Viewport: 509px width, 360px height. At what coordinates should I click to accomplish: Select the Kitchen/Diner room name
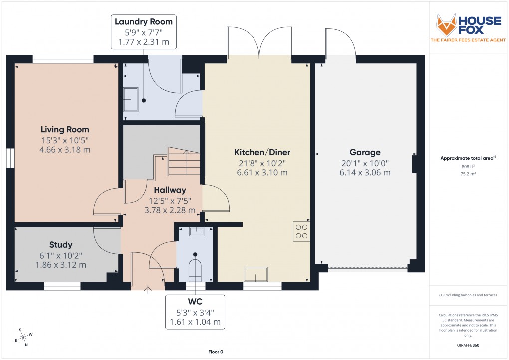tap(262, 152)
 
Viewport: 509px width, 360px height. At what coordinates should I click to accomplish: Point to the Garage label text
tap(365, 152)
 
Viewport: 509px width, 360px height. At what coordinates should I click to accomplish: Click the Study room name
tap(61, 245)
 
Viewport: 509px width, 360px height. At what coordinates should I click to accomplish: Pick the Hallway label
tap(170, 190)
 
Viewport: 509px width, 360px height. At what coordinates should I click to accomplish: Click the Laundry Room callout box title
tap(144, 21)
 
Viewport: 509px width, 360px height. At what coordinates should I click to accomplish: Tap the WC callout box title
tap(195, 302)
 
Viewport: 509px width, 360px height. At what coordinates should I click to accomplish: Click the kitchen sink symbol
tap(255, 274)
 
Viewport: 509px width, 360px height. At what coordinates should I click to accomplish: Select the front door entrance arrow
tap(148, 289)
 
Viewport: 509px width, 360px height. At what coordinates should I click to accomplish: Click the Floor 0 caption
tap(215, 352)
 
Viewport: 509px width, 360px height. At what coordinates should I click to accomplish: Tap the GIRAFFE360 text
tap(469, 345)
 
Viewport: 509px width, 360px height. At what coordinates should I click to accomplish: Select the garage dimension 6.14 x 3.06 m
tap(365, 173)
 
